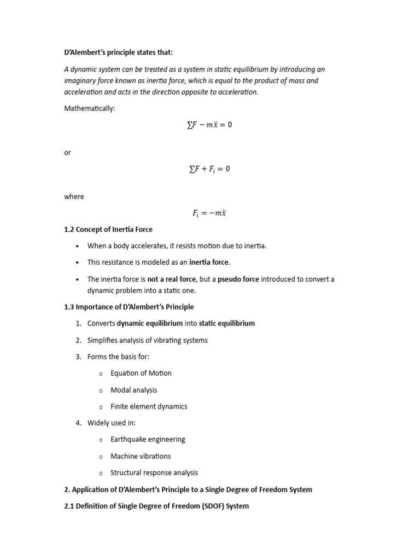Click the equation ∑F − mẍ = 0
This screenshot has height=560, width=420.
(x=209, y=125)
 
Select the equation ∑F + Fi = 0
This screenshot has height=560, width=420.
(x=209, y=169)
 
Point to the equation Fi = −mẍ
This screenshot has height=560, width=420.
(x=209, y=213)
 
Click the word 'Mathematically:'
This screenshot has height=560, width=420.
(x=90, y=108)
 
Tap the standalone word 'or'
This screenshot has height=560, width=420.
(x=68, y=153)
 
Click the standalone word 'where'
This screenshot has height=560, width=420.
(x=74, y=196)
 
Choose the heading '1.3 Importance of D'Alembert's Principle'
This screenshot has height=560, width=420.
(x=129, y=307)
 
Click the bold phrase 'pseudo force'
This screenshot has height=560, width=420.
(x=238, y=279)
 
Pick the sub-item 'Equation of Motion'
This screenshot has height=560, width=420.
(x=141, y=373)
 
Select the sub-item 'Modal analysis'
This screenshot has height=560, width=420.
(x=133, y=390)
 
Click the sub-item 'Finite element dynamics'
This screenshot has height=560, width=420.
(x=149, y=406)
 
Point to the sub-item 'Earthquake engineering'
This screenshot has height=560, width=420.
(x=148, y=439)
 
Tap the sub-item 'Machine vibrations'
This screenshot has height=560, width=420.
(x=141, y=456)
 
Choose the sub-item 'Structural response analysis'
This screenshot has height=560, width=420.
(x=154, y=472)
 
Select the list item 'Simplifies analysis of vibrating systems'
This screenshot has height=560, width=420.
(x=148, y=340)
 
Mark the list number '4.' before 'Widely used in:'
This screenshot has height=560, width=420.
(x=80, y=423)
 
